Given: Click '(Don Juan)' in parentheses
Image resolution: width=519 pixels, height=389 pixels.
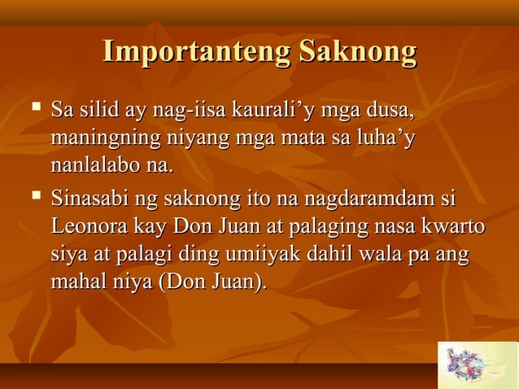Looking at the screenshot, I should click(215, 285).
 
